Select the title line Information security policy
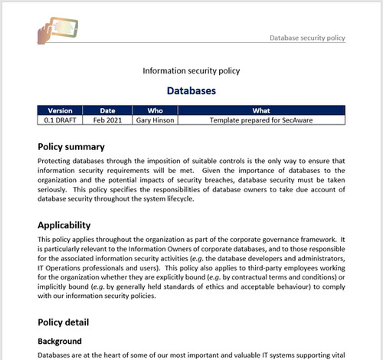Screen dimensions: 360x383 191,71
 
